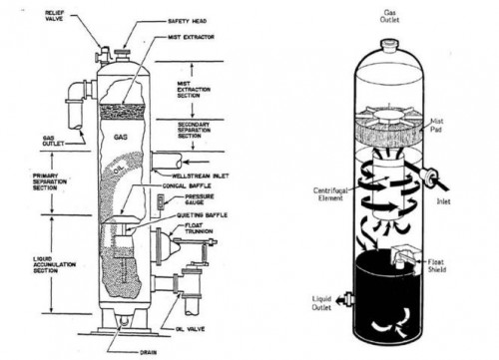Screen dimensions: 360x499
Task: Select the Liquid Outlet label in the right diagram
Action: click(x=322, y=301)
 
